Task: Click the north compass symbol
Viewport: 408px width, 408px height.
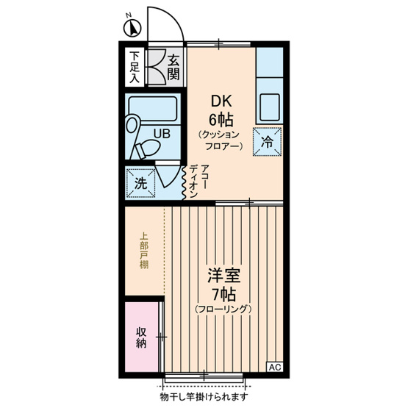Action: (x=132, y=28)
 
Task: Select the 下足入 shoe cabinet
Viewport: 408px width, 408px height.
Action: (x=135, y=67)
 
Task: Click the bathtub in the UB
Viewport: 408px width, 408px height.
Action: (x=153, y=109)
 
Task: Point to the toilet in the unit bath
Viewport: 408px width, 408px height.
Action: (x=148, y=149)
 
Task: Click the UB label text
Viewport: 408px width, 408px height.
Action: (x=162, y=134)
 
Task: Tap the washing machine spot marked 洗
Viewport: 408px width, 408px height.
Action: (x=140, y=183)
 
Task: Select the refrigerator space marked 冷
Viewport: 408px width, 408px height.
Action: (x=268, y=142)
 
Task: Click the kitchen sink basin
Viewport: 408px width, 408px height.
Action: (x=270, y=107)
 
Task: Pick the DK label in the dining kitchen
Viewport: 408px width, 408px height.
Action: (x=221, y=101)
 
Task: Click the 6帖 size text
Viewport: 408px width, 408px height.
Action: (x=221, y=120)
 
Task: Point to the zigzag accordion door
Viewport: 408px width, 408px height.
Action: (x=184, y=183)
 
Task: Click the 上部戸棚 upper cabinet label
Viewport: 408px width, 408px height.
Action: (x=143, y=251)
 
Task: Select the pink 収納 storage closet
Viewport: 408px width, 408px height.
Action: (x=142, y=337)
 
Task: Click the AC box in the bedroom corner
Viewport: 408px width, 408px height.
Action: (x=275, y=367)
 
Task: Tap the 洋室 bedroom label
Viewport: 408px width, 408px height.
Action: (x=223, y=276)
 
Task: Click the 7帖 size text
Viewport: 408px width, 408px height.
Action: (x=223, y=294)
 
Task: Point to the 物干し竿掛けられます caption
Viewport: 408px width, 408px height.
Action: (x=204, y=396)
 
